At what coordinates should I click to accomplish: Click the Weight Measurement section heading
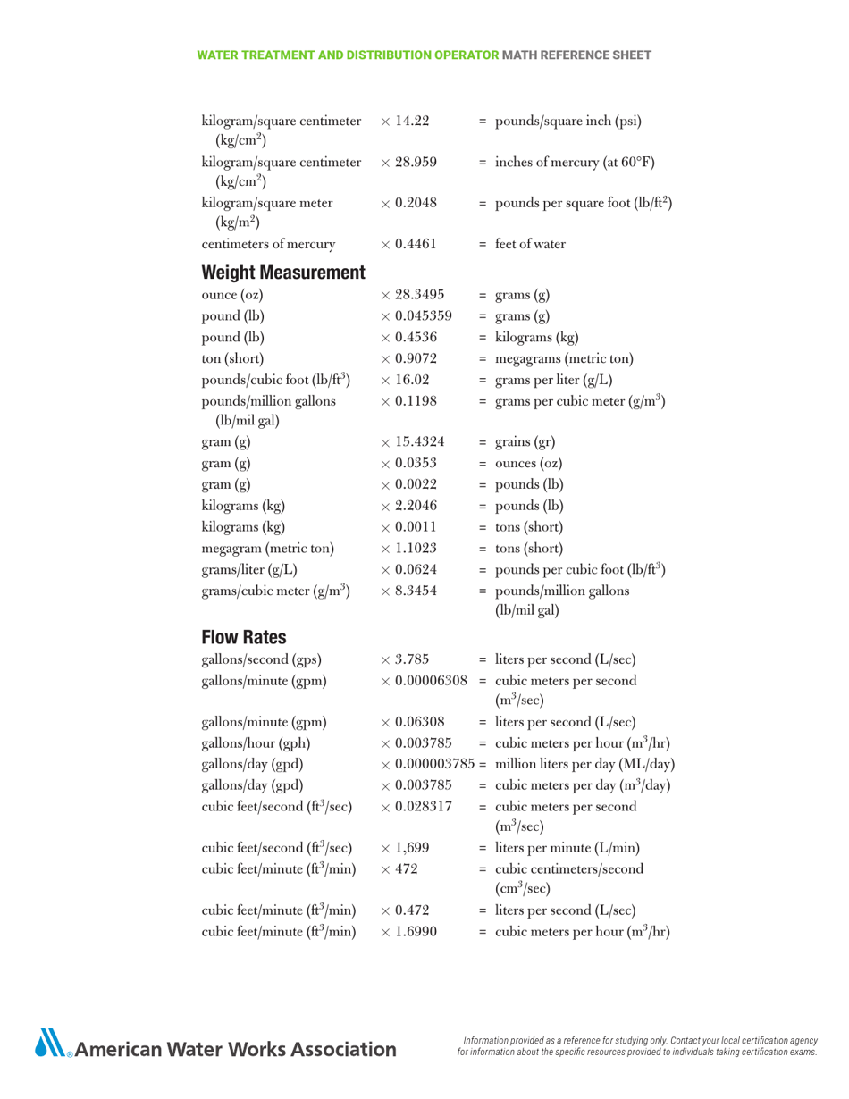click(283, 272)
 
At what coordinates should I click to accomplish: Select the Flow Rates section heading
click(243, 637)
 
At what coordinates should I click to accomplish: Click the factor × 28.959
click(408, 162)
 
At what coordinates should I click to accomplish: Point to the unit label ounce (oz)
click(232, 295)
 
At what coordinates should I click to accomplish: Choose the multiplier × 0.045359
click(416, 315)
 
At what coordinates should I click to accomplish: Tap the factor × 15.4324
click(412, 442)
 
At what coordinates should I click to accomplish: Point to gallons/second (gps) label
click(262, 660)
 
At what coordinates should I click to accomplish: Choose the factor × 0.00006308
click(424, 681)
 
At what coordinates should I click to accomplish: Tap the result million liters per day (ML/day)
click(584, 764)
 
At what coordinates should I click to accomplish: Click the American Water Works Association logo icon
click(53, 1043)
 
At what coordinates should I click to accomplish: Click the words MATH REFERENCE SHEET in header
click(576, 55)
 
